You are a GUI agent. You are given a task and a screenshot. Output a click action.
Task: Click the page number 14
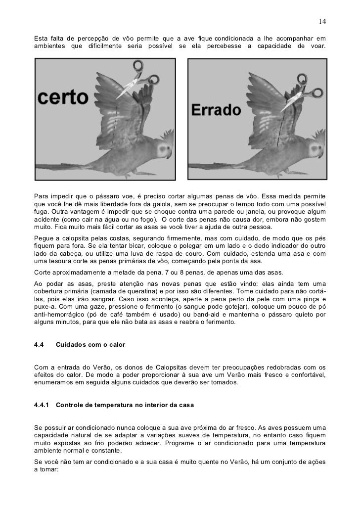(322, 22)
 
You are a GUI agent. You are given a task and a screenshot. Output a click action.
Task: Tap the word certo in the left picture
(62, 97)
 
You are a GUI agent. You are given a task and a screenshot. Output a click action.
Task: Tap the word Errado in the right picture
(218, 110)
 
